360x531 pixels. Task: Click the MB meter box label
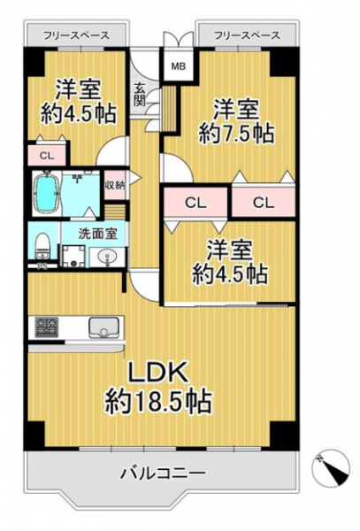click(x=179, y=66)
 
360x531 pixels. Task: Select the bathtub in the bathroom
click(x=47, y=193)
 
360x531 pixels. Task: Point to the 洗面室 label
click(x=98, y=234)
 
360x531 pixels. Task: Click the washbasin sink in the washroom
click(x=107, y=257)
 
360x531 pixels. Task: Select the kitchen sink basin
click(x=103, y=327)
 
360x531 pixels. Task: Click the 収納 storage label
click(x=115, y=185)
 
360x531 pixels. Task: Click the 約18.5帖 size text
click(x=158, y=401)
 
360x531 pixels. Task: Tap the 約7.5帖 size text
click(x=236, y=134)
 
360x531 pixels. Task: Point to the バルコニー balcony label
click(x=164, y=472)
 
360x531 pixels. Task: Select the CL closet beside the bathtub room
click(x=47, y=156)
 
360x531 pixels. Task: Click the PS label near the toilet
click(x=42, y=266)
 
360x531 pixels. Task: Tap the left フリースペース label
click(x=76, y=35)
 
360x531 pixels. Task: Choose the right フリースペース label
click(x=248, y=35)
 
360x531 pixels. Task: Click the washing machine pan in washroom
click(x=73, y=257)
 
